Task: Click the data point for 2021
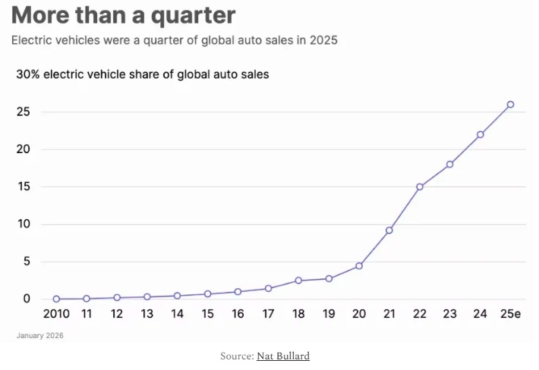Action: pos(389,230)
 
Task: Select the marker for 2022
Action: pos(419,187)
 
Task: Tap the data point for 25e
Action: pos(510,104)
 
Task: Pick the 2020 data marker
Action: pos(358,266)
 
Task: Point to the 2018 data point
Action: pos(298,281)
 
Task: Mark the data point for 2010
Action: pos(56,299)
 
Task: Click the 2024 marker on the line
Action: pos(480,134)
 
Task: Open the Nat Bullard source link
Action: pos(283,356)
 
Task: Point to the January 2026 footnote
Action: pos(39,334)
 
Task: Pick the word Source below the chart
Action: pos(235,356)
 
